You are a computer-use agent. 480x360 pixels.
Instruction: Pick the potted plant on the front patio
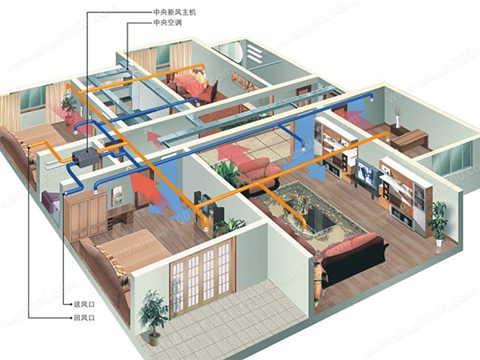point(153,312)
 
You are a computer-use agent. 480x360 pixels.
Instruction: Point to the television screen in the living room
point(366,172)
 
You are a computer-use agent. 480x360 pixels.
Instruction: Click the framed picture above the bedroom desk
point(117,193)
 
